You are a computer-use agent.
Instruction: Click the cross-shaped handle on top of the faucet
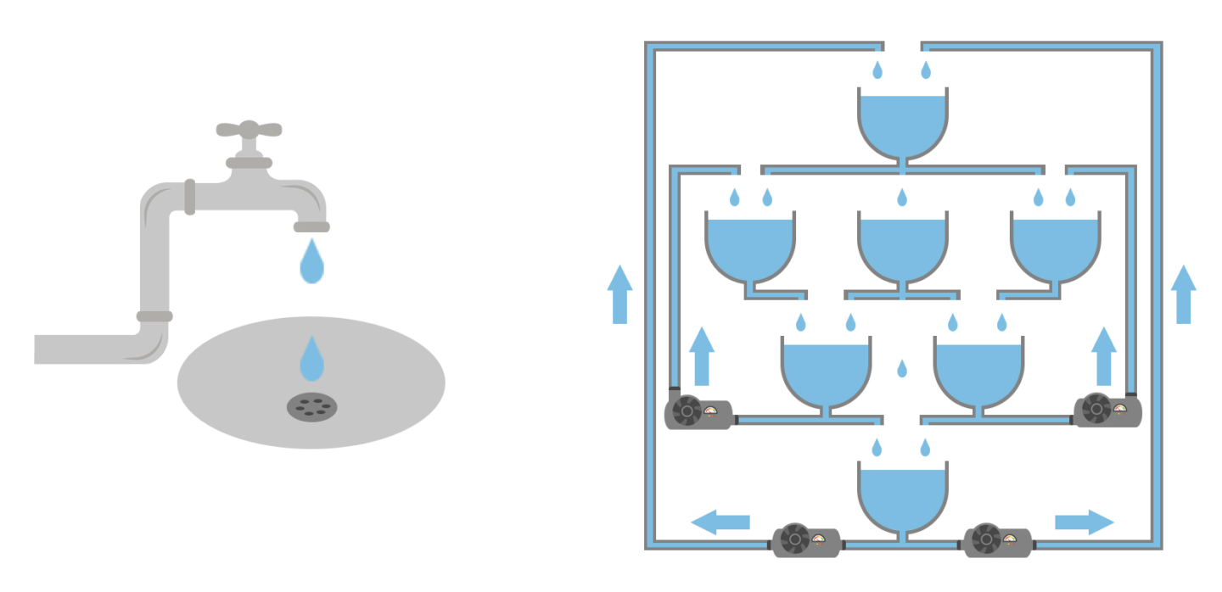click(x=249, y=130)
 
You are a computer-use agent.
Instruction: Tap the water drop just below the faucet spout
click(x=311, y=262)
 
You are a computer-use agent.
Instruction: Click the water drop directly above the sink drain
click(x=311, y=360)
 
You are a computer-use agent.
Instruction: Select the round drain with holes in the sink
click(x=311, y=407)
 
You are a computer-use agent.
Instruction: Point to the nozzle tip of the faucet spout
click(x=311, y=226)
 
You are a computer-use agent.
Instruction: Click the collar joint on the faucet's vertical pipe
click(x=154, y=316)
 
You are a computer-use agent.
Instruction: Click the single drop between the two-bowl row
click(x=902, y=369)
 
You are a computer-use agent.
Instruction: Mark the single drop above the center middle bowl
click(x=902, y=198)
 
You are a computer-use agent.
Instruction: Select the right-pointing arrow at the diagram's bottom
click(x=1085, y=522)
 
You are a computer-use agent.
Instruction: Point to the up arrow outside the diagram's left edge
click(x=619, y=294)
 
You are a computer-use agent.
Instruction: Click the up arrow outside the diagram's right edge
click(x=1183, y=294)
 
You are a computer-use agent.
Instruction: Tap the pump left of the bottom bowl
click(x=805, y=540)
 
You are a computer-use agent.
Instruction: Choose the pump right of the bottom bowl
click(x=997, y=540)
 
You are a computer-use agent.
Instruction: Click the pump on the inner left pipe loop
click(x=698, y=413)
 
